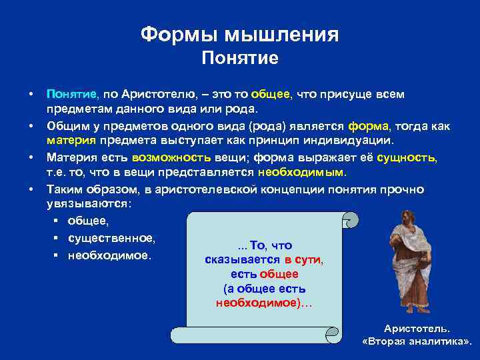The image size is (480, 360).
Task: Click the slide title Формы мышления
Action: pos(240,35)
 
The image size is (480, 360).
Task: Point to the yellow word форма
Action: pos(366,125)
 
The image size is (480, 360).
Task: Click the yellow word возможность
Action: pos(171,157)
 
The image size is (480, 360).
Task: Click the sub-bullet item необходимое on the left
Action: pos(109,255)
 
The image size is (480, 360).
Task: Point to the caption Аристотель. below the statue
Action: pos(417,329)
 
